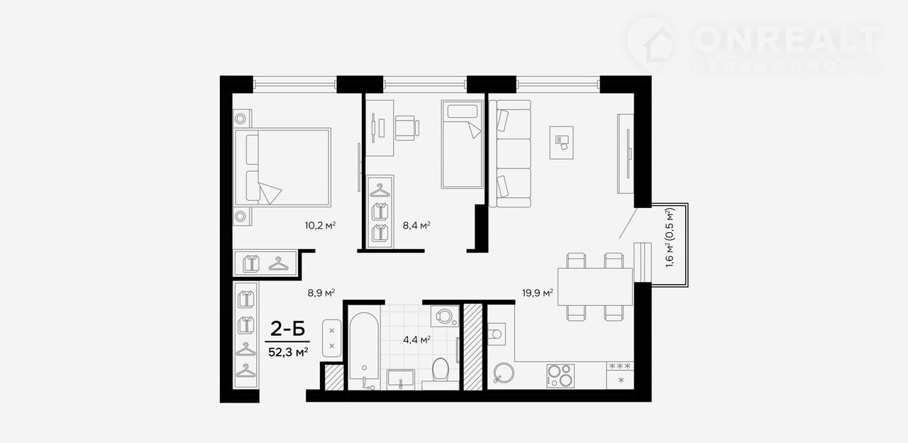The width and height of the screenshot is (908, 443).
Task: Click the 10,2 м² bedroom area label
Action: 320,225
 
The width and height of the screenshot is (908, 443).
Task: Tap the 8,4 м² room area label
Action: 416,225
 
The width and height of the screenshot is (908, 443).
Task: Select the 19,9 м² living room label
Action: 538,292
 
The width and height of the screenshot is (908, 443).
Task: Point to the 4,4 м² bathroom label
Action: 416,339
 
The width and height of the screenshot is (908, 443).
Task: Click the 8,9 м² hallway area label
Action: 321,292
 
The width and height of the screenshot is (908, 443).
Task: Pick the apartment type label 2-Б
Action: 287,329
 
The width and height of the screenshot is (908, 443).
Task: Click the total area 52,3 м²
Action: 288,351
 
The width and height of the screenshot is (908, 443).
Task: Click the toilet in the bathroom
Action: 441,369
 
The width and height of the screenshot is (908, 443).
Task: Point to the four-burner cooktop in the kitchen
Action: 560,376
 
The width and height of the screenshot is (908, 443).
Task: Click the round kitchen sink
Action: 504,373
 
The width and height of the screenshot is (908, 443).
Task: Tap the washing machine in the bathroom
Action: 444,316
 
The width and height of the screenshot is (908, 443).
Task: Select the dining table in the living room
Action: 594,286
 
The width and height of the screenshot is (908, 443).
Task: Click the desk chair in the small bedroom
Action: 406,128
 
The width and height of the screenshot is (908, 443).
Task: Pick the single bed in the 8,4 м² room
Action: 462,144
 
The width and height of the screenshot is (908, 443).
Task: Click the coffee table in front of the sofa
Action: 561,143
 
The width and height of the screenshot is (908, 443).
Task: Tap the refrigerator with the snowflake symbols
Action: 620,376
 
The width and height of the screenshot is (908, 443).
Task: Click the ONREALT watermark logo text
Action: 787,39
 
